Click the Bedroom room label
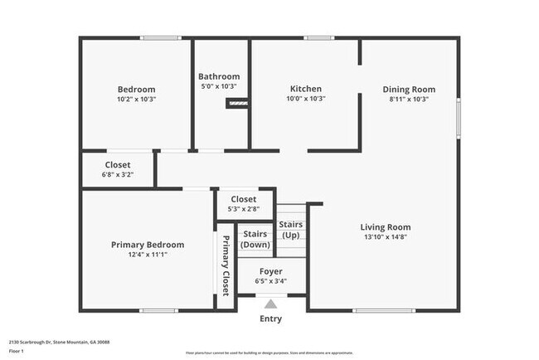click(x=136, y=90)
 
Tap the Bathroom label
click(x=219, y=76)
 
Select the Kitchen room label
click(x=305, y=89)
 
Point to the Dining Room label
click(x=408, y=90)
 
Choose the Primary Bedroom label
click(x=148, y=245)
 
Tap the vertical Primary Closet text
click(x=225, y=263)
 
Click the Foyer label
click(x=270, y=271)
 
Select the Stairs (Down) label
click(x=255, y=240)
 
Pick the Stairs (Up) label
click(x=290, y=230)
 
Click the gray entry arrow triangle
click(x=270, y=304)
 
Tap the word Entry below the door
click(x=270, y=319)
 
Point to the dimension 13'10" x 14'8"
click(x=385, y=236)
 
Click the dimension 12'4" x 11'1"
click(x=148, y=255)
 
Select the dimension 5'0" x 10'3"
click(x=219, y=86)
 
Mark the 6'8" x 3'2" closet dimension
click(x=117, y=174)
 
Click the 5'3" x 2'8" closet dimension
click(x=243, y=209)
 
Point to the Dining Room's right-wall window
click(x=459, y=118)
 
